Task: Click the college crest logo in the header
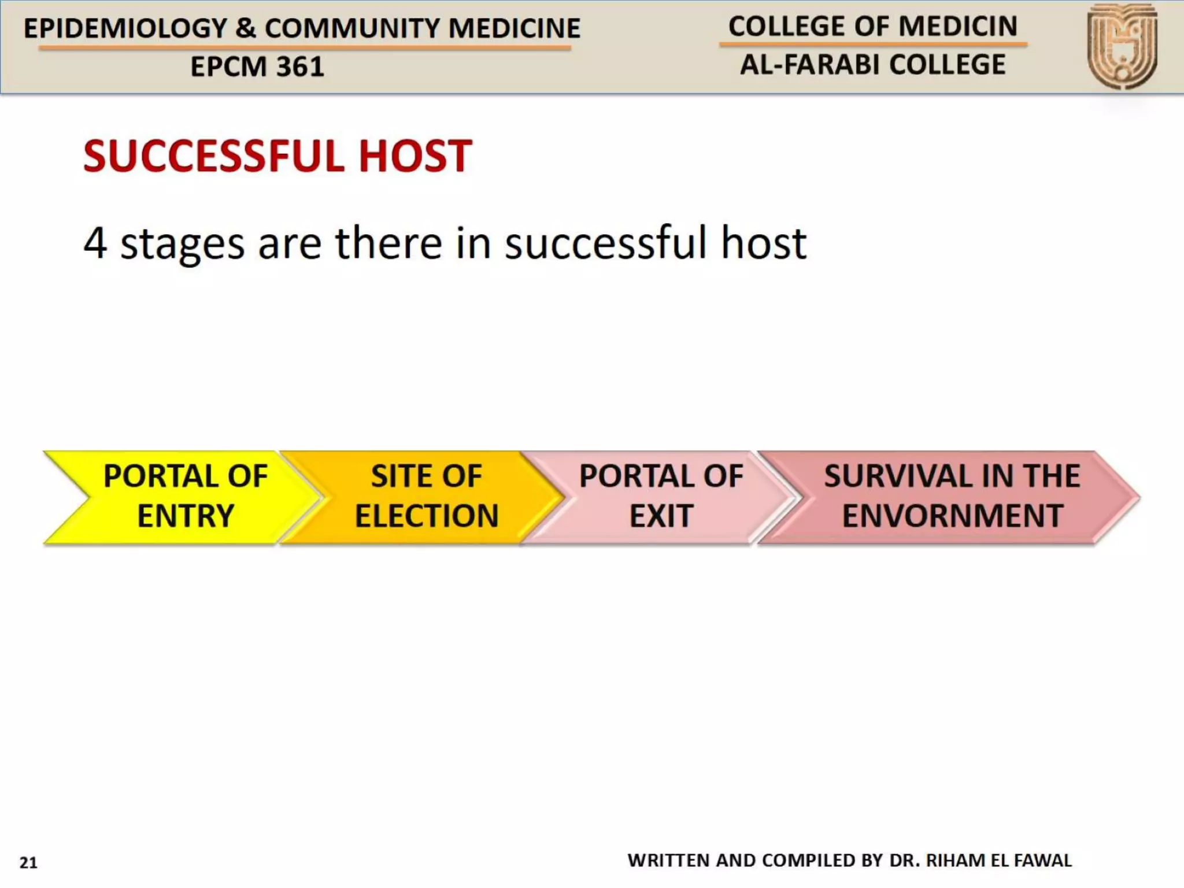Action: (x=1122, y=46)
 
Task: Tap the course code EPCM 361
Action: (x=257, y=66)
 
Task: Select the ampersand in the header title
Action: (x=246, y=28)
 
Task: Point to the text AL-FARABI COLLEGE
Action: (x=872, y=65)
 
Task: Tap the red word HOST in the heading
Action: (x=415, y=156)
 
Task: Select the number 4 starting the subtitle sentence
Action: (x=95, y=243)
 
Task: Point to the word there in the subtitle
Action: (x=388, y=243)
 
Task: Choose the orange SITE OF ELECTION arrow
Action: (x=426, y=497)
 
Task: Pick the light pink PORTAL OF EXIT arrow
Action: (x=661, y=497)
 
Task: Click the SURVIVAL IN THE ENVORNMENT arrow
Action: (x=952, y=497)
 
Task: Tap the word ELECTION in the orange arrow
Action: (x=427, y=516)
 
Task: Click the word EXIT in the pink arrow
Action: (x=661, y=516)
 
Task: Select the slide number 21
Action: (x=28, y=863)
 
